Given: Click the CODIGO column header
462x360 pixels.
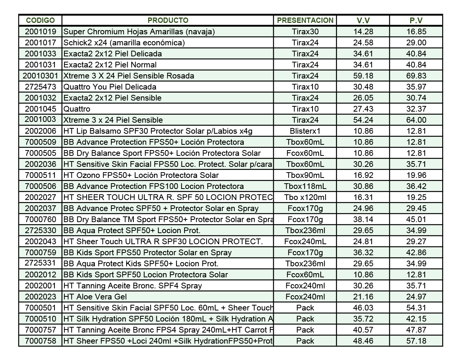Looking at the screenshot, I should tap(40, 20).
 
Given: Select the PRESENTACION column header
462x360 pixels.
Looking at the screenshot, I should tap(305, 20).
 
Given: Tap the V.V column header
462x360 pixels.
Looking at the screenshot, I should tap(363, 21).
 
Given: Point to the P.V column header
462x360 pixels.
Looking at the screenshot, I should tap(416, 21).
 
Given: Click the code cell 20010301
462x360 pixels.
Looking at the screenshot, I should tap(40, 76).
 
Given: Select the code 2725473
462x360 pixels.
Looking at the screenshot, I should tap(40, 87).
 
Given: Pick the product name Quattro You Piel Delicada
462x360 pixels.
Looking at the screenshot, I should tap(110, 87).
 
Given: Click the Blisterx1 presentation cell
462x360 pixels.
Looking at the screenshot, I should tap(305, 131).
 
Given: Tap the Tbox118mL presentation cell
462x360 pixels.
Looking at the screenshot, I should tap(305, 186).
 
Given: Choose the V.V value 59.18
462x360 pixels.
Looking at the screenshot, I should tap(363, 76).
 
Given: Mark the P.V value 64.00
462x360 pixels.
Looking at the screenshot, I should tap(416, 120).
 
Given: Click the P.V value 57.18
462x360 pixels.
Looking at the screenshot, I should tap(416, 341).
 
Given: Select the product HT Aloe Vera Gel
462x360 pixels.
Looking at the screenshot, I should tap(95, 297).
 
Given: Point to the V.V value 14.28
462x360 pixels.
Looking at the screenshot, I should tap(363, 32).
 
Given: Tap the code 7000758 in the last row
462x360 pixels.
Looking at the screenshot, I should tap(40, 341).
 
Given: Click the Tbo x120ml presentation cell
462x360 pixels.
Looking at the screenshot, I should tap(305, 197).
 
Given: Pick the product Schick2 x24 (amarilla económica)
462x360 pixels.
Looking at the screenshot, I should tap(124, 43).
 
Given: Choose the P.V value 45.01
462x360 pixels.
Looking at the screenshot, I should tap(416, 219).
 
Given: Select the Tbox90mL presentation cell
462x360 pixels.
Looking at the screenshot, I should tap(305, 175).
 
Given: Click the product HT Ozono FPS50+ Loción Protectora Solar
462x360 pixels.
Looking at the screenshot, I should tap(141, 175).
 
